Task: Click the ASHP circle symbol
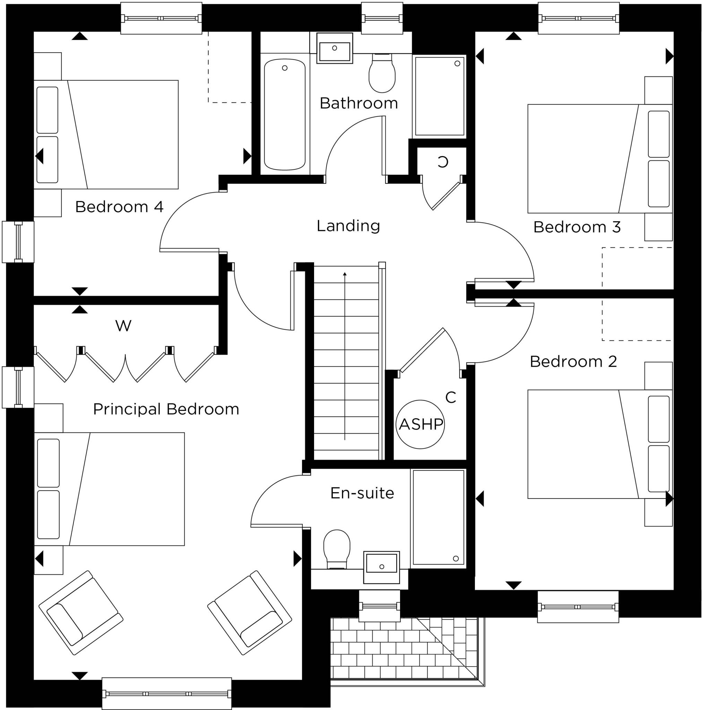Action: click(x=420, y=424)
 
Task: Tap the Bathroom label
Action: click(x=359, y=103)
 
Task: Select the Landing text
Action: click(x=348, y=226)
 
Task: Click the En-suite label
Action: click(x=362, y=493)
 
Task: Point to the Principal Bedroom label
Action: click(x=166, y=409)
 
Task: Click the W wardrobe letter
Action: click(x=123, y=326)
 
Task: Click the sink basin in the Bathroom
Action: click(x=335, y=49)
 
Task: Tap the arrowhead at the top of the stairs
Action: click(x=345, y=274)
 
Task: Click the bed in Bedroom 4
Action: click(x=110, y=135)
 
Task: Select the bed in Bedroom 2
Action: click(x=596, y=444)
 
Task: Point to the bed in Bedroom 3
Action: click(x=596, y=158)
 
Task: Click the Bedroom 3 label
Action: click(x=577, y=227)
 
